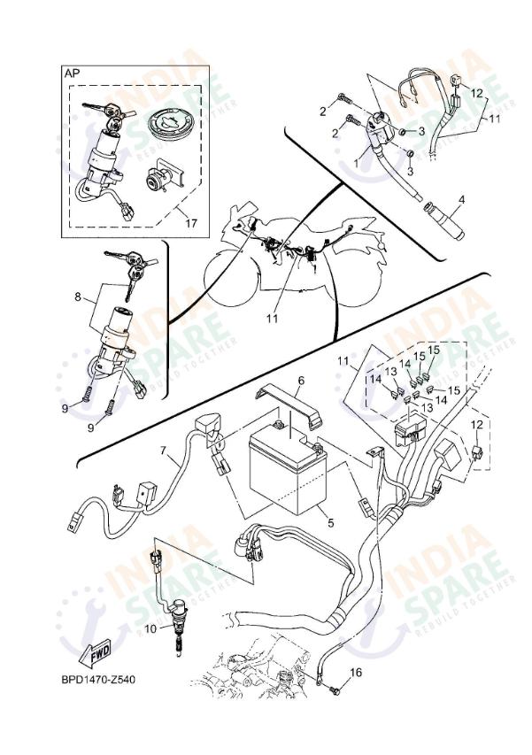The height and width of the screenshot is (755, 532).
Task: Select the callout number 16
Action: (356, 673)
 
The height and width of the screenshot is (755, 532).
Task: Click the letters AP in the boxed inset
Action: (71, 75)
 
